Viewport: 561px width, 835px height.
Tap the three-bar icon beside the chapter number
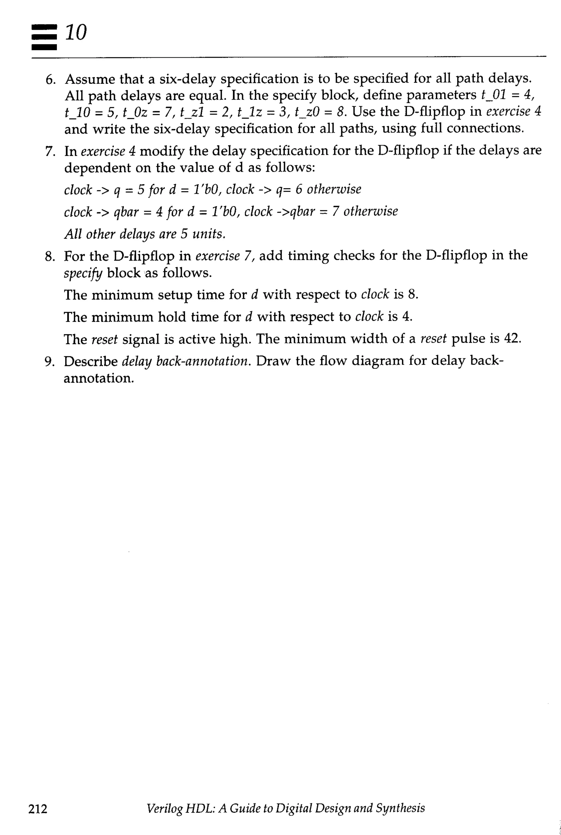coord(44,37)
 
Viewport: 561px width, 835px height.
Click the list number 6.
coord(50,80)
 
